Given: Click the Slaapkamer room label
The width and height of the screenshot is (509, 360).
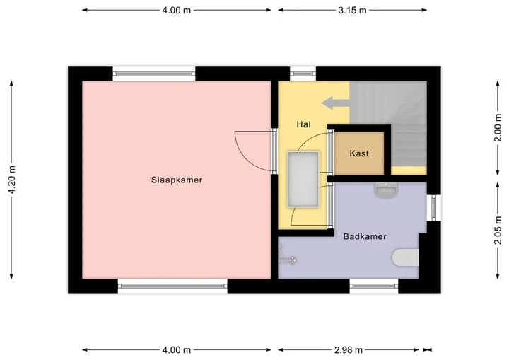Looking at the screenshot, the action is click(x=177, y=180).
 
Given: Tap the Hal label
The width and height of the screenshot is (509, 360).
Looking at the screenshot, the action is click(x=303, y=124).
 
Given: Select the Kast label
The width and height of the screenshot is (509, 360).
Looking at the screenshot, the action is click(x=359, y=153).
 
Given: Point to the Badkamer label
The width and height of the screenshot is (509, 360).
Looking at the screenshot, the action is click(x=365, y=236).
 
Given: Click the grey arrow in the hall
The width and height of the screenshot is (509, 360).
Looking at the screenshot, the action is click(x=335, y=103).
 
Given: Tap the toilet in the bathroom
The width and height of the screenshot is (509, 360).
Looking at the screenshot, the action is click(x=406, y=257).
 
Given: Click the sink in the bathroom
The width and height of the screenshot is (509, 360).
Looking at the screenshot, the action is click(x=386, y=190).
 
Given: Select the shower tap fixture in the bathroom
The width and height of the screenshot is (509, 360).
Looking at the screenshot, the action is click(x=287, y=260).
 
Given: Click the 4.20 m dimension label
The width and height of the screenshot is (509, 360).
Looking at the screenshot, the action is click(x=12, y=180).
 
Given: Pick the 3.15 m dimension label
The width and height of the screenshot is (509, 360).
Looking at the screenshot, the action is click(x=352, y=11).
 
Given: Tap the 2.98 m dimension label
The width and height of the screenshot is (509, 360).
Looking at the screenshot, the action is click(x=348, y=350).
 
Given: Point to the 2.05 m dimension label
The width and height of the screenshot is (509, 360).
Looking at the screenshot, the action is click(x=498, y=230).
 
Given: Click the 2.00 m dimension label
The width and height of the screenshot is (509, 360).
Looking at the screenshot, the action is click(x=498, y=127).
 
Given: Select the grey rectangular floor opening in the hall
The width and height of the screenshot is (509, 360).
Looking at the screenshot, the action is click(x=303, y=179).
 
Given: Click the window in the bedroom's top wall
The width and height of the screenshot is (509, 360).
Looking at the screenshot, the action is click(x=154, y=74).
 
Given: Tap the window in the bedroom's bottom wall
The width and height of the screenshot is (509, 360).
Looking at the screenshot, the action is click(x=172, y=286).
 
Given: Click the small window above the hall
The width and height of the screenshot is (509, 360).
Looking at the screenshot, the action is click(x=303, y=74).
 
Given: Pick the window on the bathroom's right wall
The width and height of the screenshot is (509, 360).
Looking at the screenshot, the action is click(x=433, y=208).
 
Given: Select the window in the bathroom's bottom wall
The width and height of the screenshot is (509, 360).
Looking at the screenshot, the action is click(x=374, y=286).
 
